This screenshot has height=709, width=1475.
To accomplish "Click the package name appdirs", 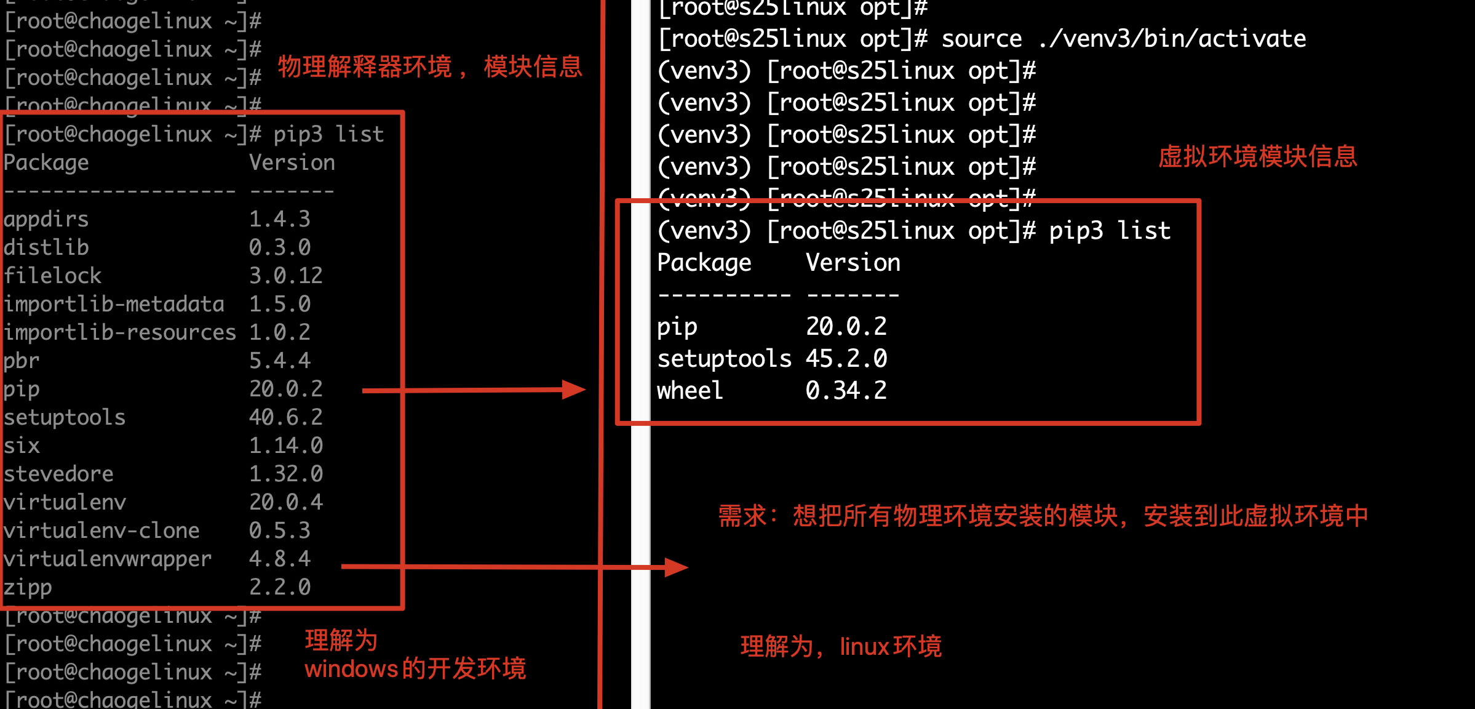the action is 46,220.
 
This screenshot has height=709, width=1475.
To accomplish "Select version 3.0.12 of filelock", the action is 285,276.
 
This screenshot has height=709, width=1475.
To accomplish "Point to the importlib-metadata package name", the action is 114,305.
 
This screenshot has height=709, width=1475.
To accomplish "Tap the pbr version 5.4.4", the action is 279,361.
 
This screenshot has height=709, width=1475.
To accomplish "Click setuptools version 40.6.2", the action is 285,418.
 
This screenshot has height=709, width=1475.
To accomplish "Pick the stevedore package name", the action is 58,475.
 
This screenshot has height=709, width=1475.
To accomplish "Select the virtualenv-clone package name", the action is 101,531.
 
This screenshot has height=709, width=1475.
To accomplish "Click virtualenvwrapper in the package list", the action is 108,559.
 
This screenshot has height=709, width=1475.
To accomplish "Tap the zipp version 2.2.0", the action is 279,588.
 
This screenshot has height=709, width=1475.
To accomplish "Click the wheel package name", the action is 690,391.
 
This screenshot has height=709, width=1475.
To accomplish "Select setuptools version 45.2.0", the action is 846,359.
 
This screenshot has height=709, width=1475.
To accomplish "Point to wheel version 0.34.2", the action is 846,391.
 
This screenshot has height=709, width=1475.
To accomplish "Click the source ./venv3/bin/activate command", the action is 1123,39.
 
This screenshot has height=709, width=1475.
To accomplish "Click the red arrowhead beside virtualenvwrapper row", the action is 676,567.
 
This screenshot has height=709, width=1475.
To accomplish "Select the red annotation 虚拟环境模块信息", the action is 1257,157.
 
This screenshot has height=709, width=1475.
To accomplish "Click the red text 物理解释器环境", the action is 365,67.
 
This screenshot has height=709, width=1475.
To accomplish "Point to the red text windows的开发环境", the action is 415,669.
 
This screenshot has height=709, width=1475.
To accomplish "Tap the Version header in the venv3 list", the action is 853,263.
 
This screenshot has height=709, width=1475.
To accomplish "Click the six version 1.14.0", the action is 285,446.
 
